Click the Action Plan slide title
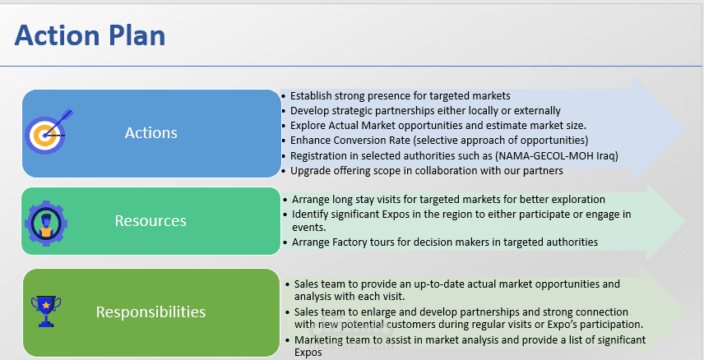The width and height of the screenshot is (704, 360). [x=90, y=35]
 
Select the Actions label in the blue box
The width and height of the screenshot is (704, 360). [x=151, y=133]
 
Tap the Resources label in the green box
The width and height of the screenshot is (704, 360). [x=151, y=220]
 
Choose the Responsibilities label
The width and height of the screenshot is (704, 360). [x=151, y=312]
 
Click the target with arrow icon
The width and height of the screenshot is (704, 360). [x=48, y=132]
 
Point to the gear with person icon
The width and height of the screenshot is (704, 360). [x=46, y=223]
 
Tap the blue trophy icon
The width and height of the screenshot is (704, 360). [x=46, y=311]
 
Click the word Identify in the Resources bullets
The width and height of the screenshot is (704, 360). [x=308, y=215]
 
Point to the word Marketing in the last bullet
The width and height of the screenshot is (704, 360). [x=317, y=340]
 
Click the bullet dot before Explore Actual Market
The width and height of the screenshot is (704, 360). [x=283, y=126]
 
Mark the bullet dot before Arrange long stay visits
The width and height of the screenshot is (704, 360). [x=285, y=200]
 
